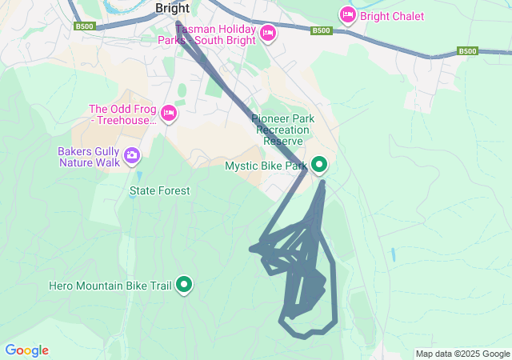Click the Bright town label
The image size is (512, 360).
tap(172, 8)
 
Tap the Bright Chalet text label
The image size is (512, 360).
tap(392, 16)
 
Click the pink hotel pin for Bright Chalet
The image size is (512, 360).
tap(347, 14)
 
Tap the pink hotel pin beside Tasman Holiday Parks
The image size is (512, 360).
tap(267, 33)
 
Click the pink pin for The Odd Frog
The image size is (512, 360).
tap(169, 114)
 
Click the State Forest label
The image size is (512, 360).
tap(160, 191)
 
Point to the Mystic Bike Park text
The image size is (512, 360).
tap(266, 166)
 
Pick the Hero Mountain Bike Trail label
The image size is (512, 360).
tap(110, 285)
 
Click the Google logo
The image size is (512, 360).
tap(26, 350)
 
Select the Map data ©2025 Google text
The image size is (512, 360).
tap(462, 354)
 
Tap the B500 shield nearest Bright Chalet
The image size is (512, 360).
tap(321, 30)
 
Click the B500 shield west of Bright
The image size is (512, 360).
tap(84, 26)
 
